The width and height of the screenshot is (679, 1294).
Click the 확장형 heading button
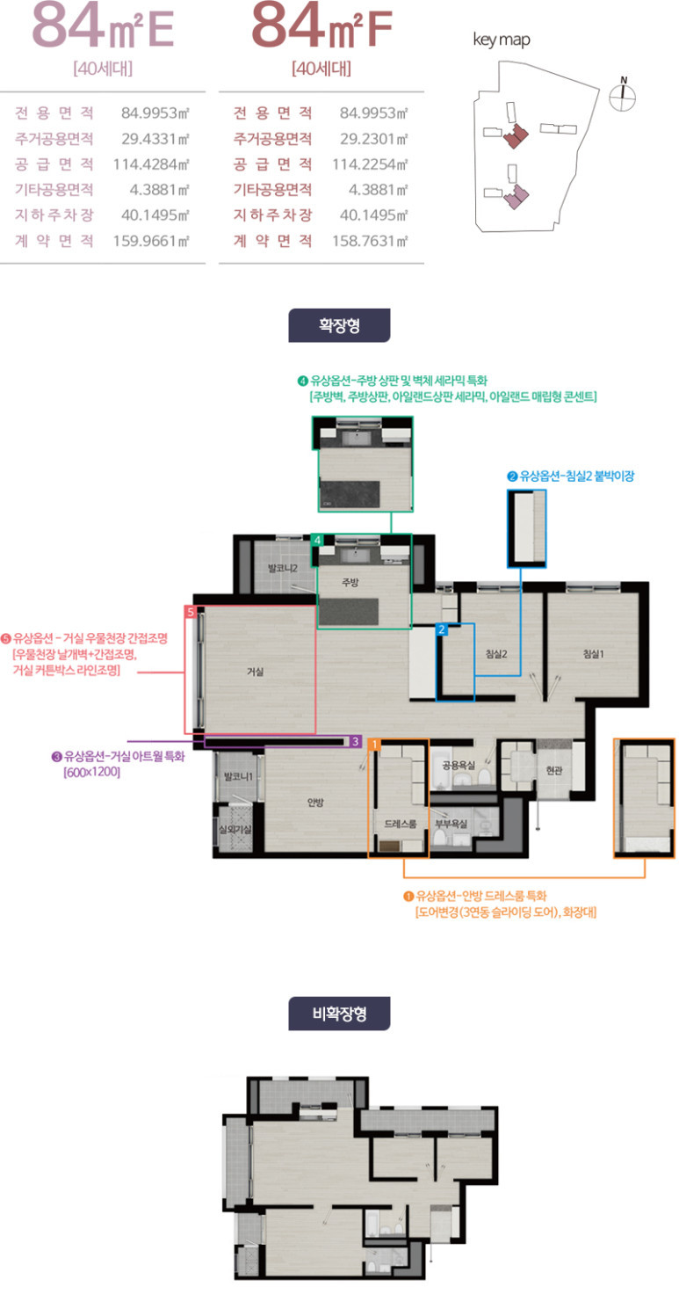tap(339, 325)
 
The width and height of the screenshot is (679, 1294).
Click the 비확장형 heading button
tap(339, 1014)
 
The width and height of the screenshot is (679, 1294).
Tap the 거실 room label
tap(256, 672)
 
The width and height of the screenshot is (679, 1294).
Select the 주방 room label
tap(350, 582)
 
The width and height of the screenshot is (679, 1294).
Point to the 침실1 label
tap(594, 654)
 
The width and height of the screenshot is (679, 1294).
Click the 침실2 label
tap(496, 654)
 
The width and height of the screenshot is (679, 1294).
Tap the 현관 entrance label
tap(554, 770)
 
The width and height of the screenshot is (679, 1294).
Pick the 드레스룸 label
tap(401, 824)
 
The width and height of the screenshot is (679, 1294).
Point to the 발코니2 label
tap(283, 569)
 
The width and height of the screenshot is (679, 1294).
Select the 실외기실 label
tap(235, 830)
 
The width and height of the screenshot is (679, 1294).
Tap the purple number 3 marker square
tap(356, 741)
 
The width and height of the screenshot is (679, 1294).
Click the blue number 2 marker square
tap(442, 629)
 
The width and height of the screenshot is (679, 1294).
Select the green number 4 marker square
tap(318, 540)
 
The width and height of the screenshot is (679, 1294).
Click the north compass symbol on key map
tap(623, 95)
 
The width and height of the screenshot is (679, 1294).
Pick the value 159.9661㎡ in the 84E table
tap(151, 240)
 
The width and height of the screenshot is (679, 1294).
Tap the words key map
tap(502, 40)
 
